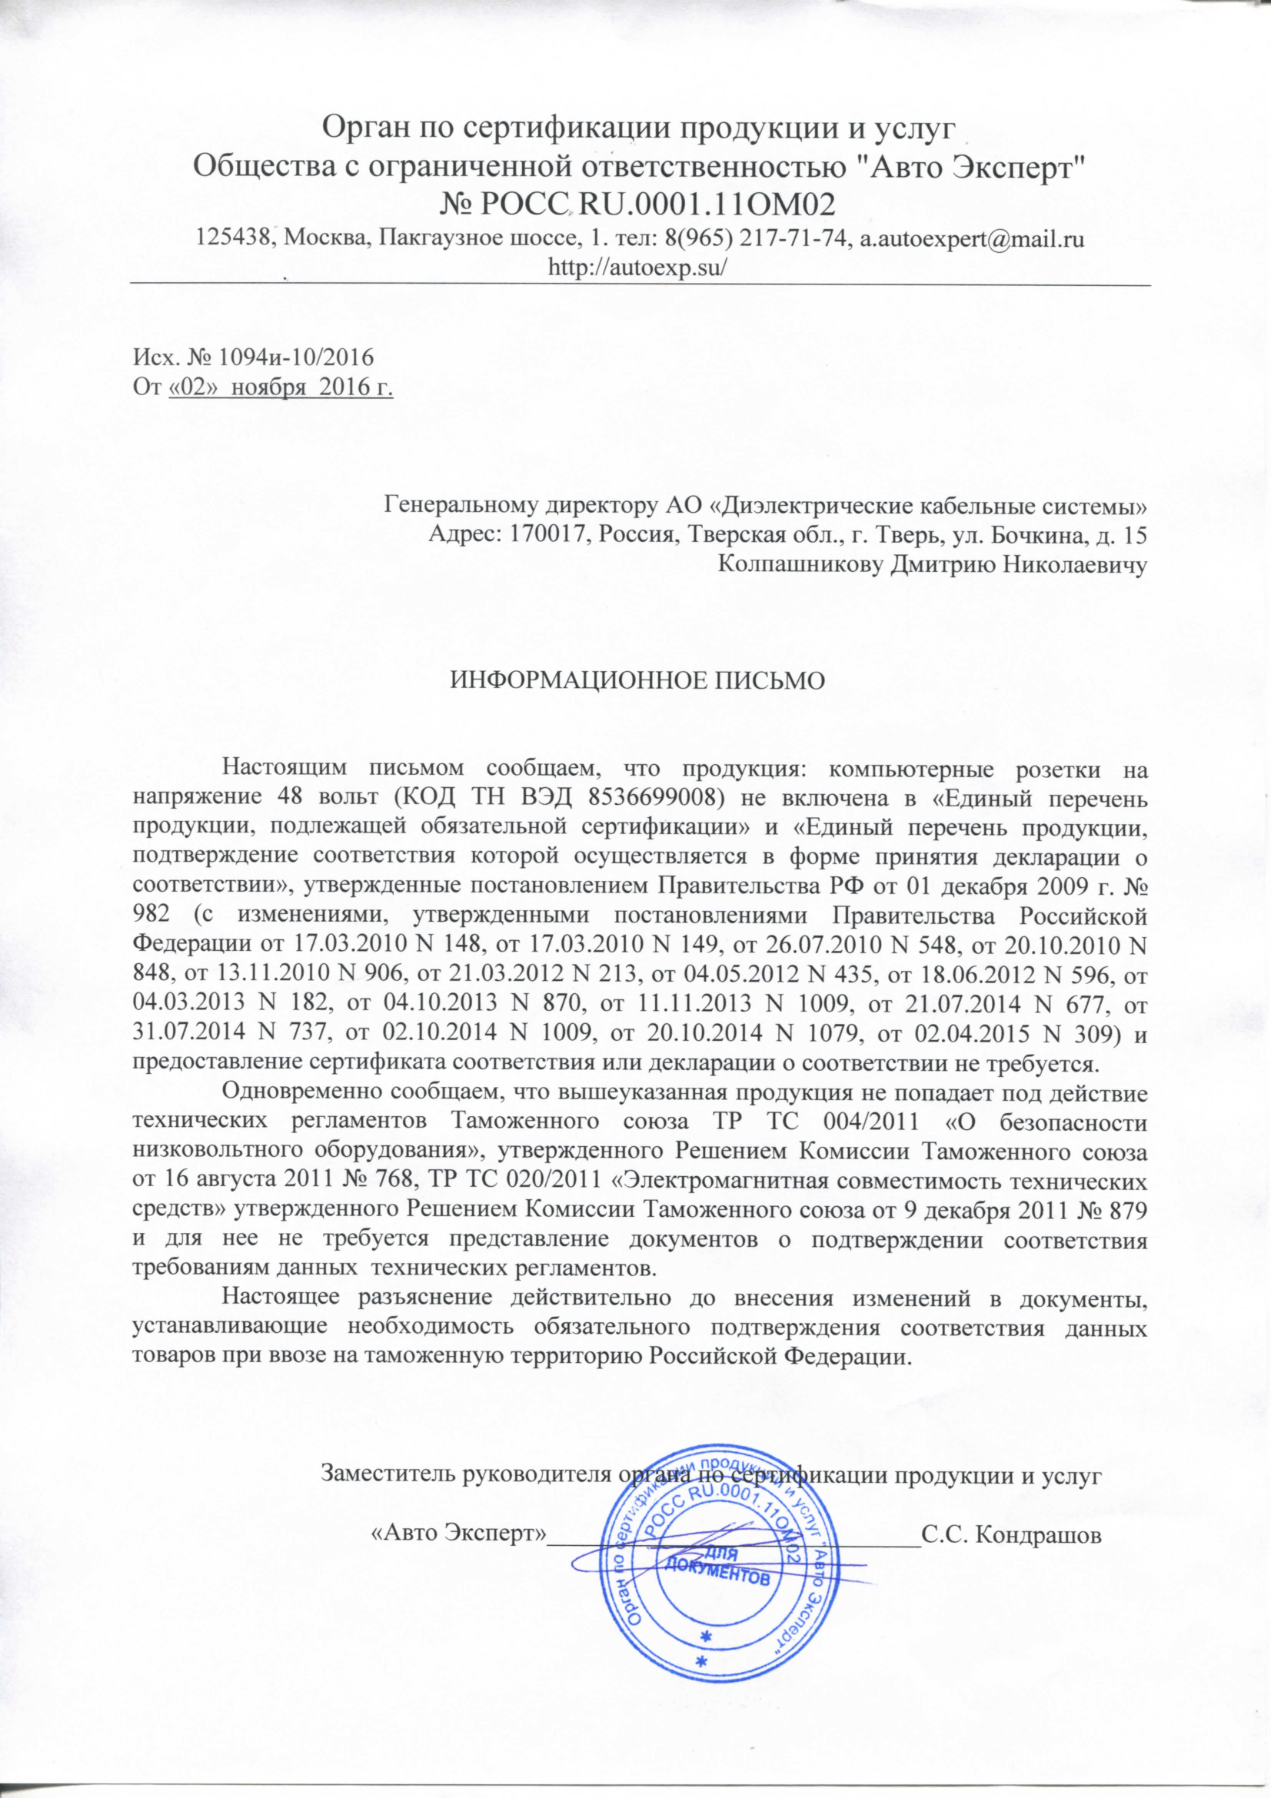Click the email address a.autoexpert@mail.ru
click(x=972, y=240)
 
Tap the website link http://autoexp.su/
click(x=639, y=266)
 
